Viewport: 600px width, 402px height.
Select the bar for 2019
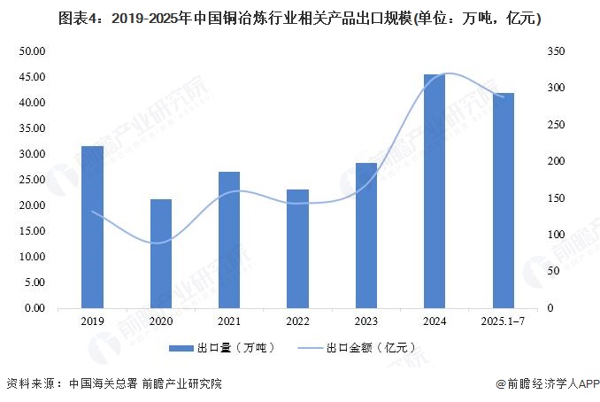point(92,228)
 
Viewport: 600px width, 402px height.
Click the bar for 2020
point(160,254)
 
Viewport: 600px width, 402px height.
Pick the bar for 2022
point(298,249)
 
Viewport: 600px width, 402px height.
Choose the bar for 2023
point(366,236)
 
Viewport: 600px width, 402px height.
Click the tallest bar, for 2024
point(435,191)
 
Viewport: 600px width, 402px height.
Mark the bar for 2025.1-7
point(503,201)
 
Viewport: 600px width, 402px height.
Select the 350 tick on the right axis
point(556,51)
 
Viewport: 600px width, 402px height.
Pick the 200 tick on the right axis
point(556,161)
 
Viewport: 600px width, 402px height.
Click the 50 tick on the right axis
point(553,271)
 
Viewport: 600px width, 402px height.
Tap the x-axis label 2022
point(298,322)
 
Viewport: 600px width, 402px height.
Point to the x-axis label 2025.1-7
point(503,322)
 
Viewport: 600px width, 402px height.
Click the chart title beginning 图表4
point(299,17)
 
